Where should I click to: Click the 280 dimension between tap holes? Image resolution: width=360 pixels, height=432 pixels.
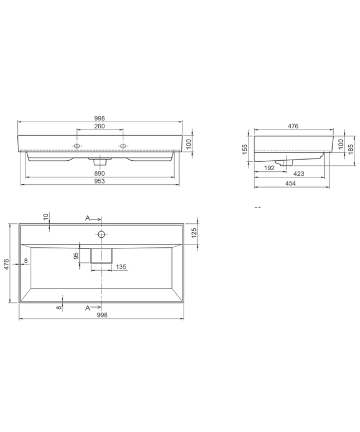pos(99,126)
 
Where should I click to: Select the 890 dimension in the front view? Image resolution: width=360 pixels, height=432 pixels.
pos(99,174)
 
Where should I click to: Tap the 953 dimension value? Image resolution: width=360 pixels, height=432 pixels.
pos(99,181)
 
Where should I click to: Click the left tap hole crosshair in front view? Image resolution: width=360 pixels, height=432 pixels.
pos(77,146)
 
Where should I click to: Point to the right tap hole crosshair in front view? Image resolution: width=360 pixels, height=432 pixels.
pos(123,146)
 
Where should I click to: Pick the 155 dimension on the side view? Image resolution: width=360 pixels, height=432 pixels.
pos(246,150)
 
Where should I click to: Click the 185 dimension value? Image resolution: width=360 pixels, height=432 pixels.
pos(351,149)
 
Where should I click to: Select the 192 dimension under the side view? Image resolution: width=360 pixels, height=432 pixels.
pos(269,167)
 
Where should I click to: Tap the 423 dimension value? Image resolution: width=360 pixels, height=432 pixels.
pos(299,174)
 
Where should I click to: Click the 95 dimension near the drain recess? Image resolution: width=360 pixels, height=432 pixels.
pos(76,256)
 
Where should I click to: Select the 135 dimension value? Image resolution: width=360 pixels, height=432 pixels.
pos(121,267)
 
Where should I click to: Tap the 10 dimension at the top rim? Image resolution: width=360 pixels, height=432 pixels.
pos(46,216)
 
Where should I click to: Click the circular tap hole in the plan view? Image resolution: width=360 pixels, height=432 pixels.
pos(102,234)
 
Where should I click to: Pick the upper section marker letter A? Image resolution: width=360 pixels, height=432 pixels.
pos(88,218)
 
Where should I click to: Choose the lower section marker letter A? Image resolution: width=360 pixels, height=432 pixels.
pos(88,308)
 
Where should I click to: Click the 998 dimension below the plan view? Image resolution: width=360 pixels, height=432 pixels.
pos(102,315)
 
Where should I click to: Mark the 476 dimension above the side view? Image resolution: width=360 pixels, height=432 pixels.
pos(293,126)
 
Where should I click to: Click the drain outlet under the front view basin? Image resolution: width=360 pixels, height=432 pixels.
pos(99,162)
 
